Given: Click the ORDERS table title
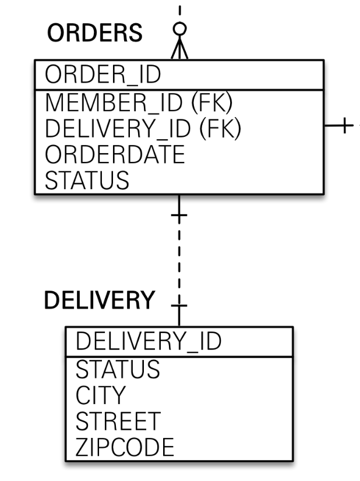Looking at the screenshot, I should pos(94,33).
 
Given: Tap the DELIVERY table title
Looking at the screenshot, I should pos(100,300).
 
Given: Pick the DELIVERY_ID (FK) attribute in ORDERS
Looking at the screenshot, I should pos(143,128).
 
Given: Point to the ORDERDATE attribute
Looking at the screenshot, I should pos(114,154).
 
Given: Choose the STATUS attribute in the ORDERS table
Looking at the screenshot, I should pos(87,179).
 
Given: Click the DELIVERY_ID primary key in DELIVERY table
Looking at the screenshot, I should pos(149,341).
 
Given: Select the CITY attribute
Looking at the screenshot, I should pos(100,395).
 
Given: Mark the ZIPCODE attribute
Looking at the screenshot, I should pos(125,447).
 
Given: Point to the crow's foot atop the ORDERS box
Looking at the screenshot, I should pos(179,49).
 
